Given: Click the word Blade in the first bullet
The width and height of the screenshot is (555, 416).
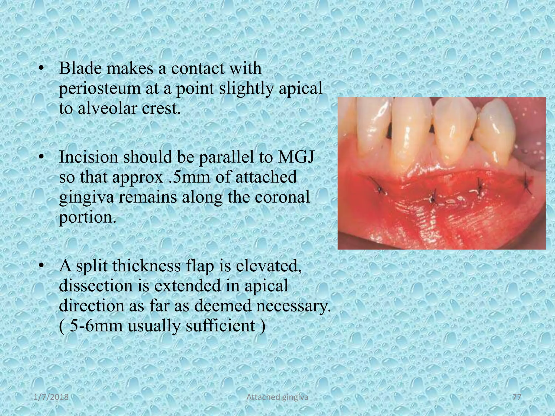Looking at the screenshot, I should [80, 69].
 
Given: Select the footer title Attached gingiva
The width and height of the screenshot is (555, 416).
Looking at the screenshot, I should [277, 398].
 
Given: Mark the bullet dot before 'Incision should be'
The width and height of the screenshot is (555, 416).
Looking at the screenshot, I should [41, 157].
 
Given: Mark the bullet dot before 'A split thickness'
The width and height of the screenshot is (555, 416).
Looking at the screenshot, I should [41, 266].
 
